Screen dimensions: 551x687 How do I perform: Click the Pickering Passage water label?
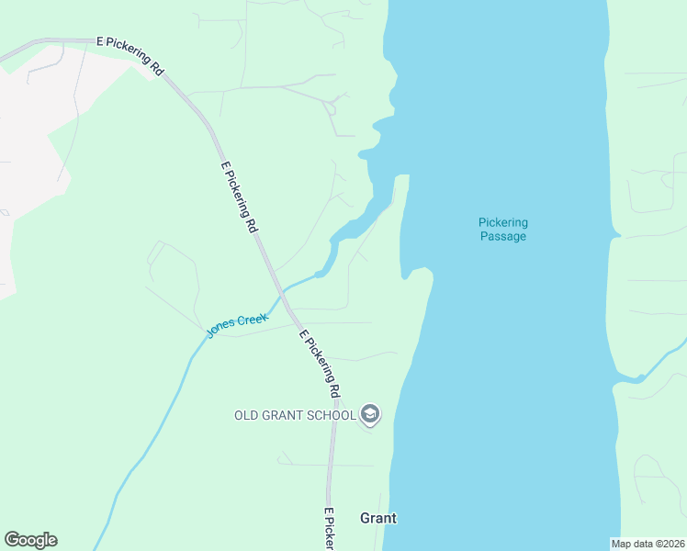point(503,229)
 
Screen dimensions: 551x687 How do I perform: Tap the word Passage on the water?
point(503,236)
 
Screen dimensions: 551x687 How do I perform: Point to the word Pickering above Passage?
point(503,222)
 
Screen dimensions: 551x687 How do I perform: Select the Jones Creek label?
point(237,325)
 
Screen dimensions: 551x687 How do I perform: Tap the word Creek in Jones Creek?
point(252,320)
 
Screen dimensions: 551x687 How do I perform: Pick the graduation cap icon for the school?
point(370,415)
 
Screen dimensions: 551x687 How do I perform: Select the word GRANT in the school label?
point(285,415)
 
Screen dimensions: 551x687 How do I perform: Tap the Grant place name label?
point(378,518)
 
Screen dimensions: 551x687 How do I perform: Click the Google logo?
point(30,540)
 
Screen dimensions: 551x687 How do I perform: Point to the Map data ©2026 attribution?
point(648,544)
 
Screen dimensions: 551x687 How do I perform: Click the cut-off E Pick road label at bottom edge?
point(328,530)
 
